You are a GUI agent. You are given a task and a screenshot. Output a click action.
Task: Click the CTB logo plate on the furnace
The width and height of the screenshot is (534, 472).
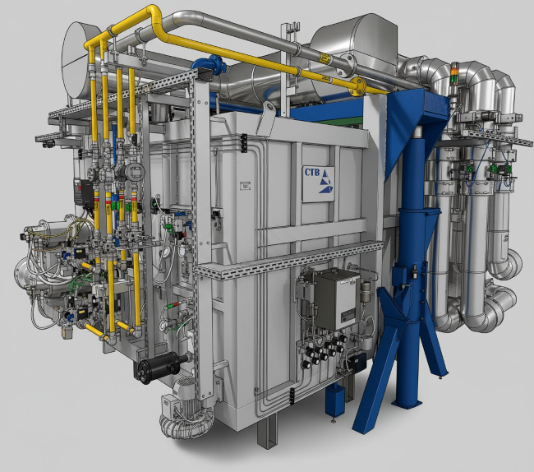click(319, 184)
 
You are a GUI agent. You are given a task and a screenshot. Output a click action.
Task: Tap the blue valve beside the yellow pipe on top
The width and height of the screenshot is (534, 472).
click(209, 66)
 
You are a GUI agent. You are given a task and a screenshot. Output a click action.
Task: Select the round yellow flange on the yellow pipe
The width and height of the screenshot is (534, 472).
click(358, 86)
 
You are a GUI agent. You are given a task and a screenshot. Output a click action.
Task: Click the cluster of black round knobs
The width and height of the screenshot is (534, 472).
click(325, 352)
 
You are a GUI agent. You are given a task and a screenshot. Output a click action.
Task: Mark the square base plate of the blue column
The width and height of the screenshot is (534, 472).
click(407, 404)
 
